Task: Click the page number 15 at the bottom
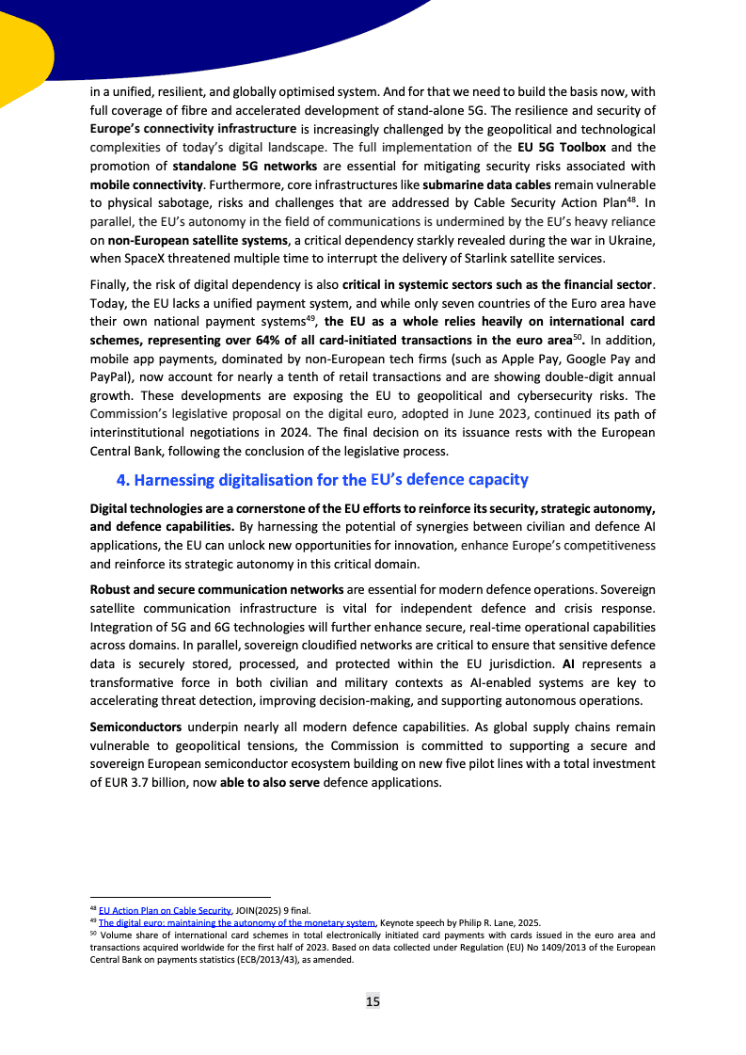[x=373, y=1001]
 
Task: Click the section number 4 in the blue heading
[x=122, y=480]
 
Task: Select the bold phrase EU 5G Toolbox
[x=563, y=148]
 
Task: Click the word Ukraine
[x=631, y=240]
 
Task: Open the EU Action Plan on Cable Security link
[x=165, y=911]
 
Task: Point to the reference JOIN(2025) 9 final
[x=274, y=911]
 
